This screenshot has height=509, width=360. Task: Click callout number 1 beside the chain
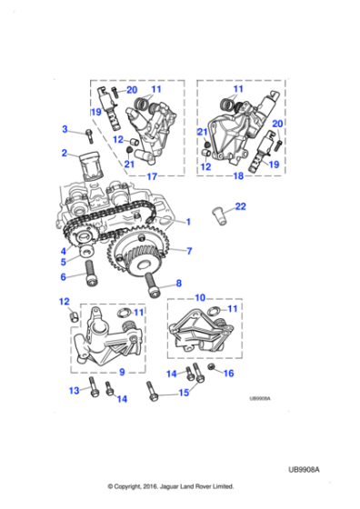click(189, 222)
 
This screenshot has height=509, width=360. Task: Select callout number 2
click(65, 154)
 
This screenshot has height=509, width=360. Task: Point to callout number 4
click(65, 251)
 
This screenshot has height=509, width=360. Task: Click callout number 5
click(65, 262)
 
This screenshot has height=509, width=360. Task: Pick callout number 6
click(65, 278)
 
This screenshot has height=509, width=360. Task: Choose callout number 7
click(189, 251)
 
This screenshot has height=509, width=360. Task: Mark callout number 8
click(178, 283)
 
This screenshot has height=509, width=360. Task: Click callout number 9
click(121, 371)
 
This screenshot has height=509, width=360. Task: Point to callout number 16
click(229, 373)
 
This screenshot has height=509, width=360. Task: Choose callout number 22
click(240, 207)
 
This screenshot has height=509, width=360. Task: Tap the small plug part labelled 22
click(221, 217)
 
